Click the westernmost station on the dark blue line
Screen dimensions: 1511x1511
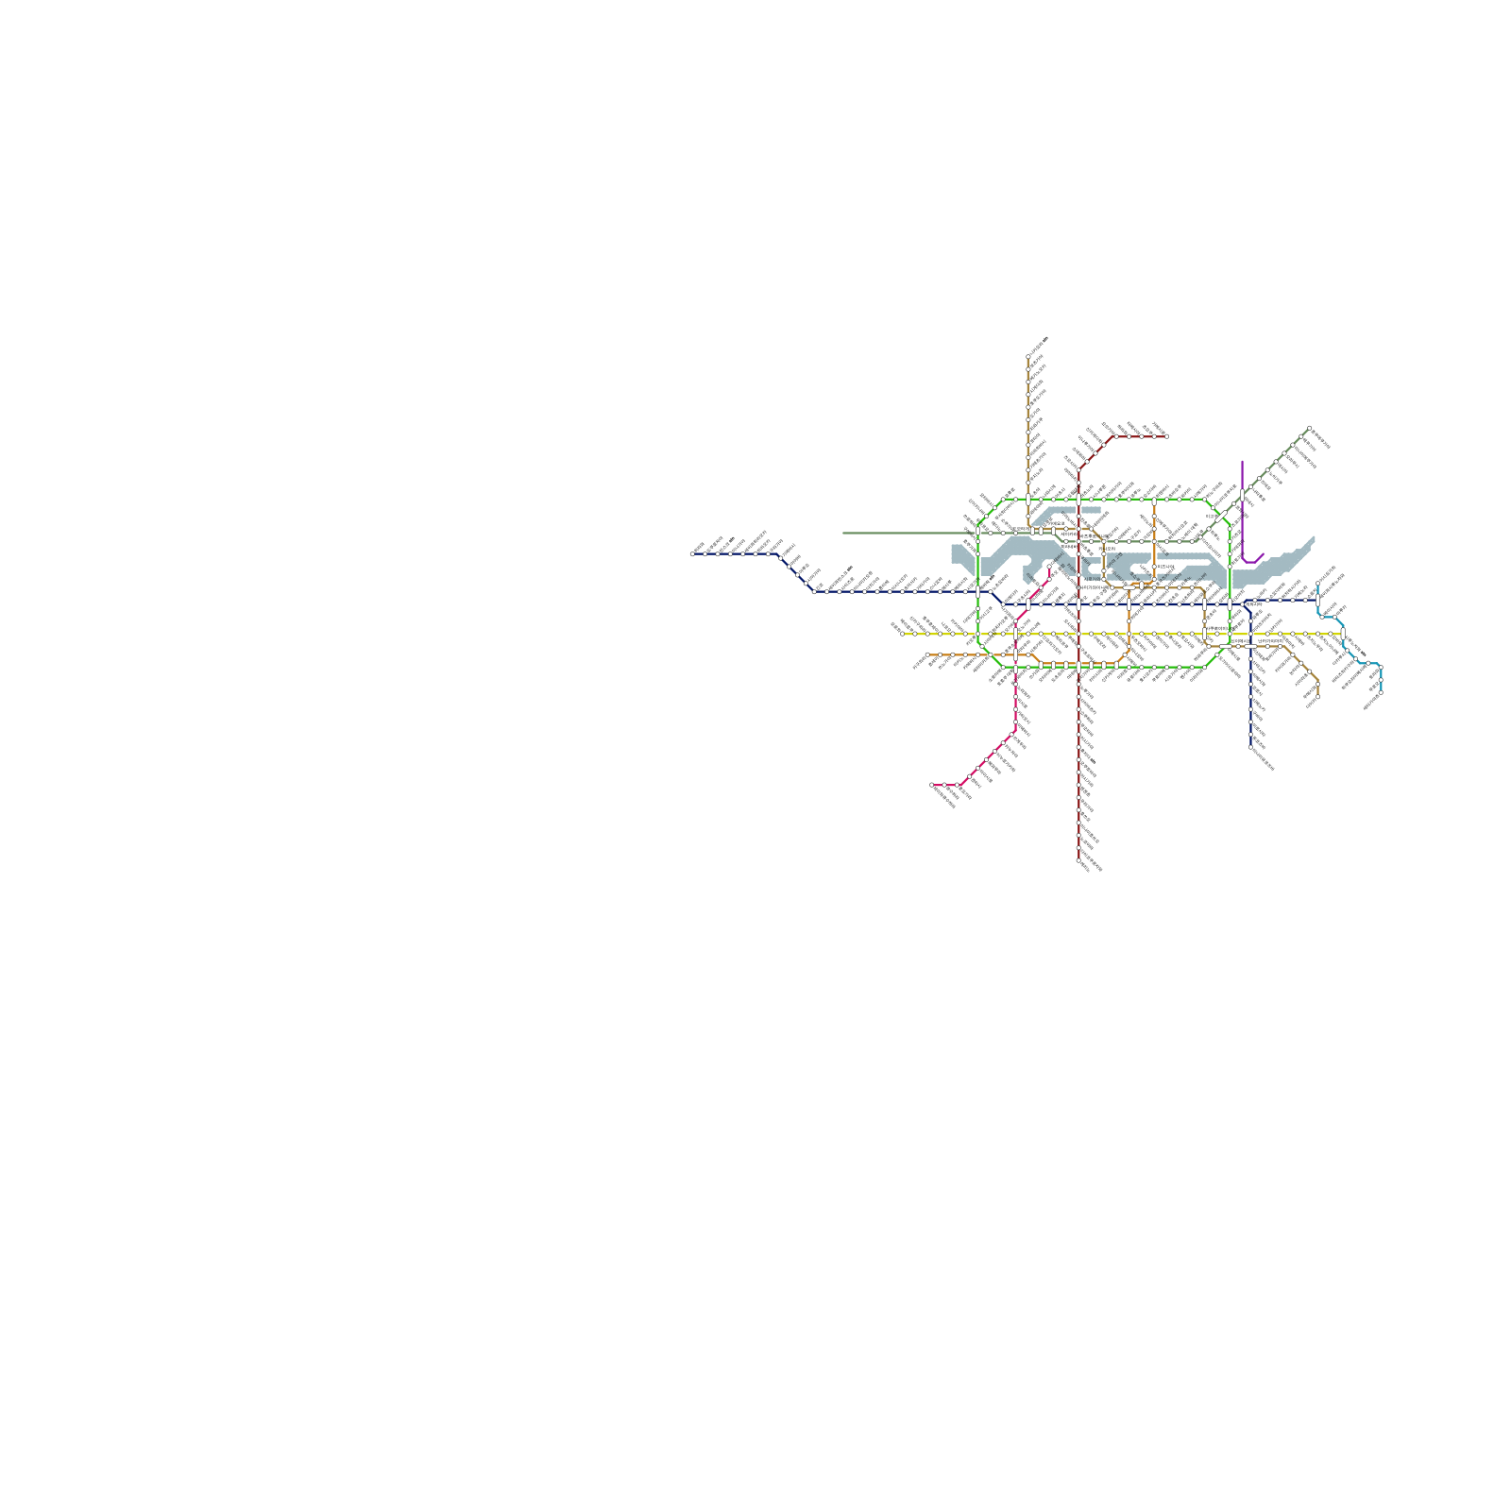click(693, 554)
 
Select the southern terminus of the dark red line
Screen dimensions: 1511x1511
click(1078, 860)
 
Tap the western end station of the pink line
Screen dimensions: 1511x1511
click(933, 785)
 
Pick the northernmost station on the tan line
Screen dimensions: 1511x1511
click(1028, 357)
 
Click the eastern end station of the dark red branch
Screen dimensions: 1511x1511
click(1166, 436)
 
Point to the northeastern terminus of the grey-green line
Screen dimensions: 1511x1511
click(1309, 428)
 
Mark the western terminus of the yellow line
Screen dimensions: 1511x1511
click(903, 634)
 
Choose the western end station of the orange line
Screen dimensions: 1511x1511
click(929, 654)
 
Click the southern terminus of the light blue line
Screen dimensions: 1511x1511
click(1381, 694)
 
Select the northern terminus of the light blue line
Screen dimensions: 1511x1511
click(1318, 586)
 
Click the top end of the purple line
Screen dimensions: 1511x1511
click(1243, 462)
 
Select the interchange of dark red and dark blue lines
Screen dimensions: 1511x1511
click(1078, 603)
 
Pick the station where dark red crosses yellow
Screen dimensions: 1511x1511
click(1078, 634)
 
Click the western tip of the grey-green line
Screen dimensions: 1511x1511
click(843, 533)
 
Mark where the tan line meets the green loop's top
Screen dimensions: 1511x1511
click(1028, 498)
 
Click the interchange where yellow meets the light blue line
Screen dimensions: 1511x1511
click(1341, 634)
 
